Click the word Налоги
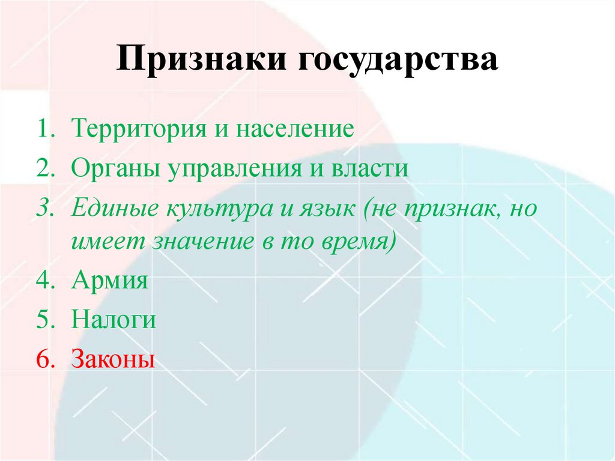coord(114,320)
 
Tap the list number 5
coord(43,320)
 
